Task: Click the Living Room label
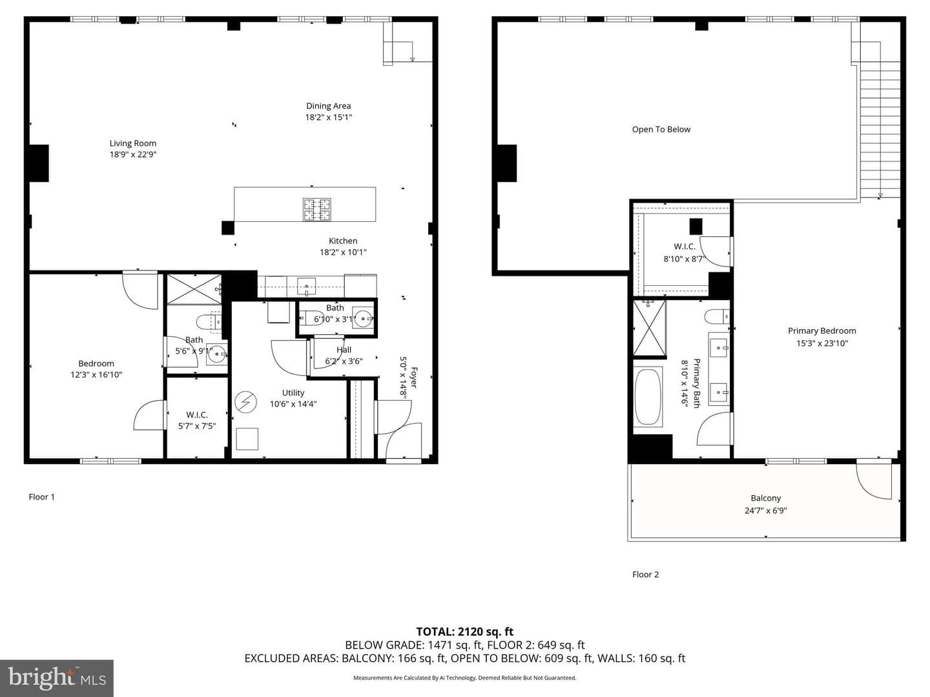[x=132, y=143]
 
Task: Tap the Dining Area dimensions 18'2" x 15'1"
[x=328, y=117]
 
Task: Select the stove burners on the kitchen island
[x=316, y=209]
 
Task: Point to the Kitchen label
[x=343, y=241]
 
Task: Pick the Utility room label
[x=293, y=393]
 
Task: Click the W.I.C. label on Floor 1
[x=197, y=415]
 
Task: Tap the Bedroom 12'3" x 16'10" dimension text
[x=96, y=374]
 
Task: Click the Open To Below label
[x=661, y=130]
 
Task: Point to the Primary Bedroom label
[x=821, y=331]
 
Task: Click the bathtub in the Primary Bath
[x=648, y=397]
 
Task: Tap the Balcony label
[x=765, y=498]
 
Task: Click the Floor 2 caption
[x=645, y=574]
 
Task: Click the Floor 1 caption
[x=41, y=497]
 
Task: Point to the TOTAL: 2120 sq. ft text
[x=464, y=631]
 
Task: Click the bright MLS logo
[x=57, y=678]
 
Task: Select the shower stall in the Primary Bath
[x=649, y=328]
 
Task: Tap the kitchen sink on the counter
[x=306, y=286]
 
